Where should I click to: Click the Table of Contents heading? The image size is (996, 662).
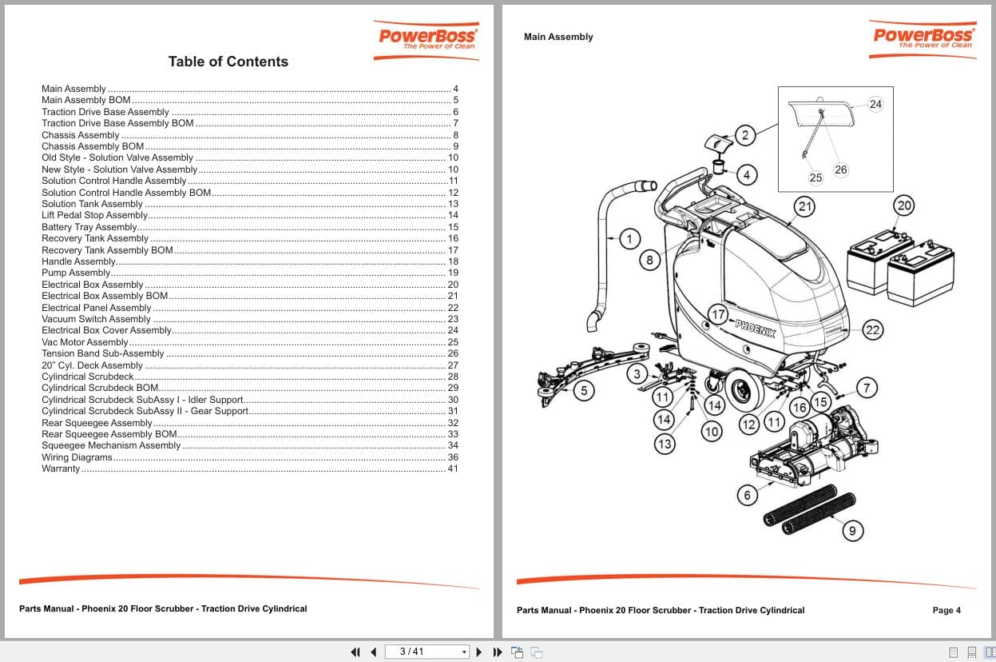click(x=228, y=62)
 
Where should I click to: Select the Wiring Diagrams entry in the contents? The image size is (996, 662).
click(x=77, y=457)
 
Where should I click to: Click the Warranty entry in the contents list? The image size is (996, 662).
click(x=61, y=469)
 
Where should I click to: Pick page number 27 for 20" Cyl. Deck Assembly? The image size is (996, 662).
click(x=452, y=365)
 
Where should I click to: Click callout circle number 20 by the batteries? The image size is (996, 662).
click(x=903, y=205)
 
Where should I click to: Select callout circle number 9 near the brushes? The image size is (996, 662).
click(x=852, y=530)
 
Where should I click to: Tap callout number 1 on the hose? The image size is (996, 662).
click(x=629, y=239)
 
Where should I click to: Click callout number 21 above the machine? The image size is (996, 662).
click(x=804, y=207)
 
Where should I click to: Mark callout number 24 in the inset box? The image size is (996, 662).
click(x=875, y=105)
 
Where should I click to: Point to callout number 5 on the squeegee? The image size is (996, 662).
click(x=584, y=390)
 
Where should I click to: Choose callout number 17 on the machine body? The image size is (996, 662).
click(x=718, y=314)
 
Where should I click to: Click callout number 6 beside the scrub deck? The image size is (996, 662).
click(x=747, y=495)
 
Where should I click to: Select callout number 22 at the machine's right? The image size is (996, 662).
click(x=872, y=329)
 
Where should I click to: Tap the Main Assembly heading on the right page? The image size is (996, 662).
click(x=558, y=37)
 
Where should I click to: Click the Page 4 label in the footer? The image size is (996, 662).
click(x=946, y=610)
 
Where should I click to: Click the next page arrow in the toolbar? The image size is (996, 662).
click(x=479, y=652)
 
